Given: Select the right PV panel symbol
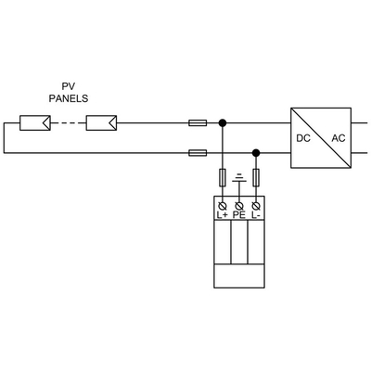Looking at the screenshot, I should point(100,122).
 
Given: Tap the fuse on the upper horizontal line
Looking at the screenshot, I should point(198,122).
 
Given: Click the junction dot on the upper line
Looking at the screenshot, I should point(223,122).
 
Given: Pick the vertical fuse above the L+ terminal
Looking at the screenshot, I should point(223,177).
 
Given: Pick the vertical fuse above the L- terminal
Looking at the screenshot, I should point(256,177).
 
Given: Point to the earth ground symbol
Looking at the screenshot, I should point(239,178).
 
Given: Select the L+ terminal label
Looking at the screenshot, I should point(223,214).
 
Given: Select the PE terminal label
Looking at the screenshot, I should point(239,214).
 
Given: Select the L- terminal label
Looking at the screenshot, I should point(256,214).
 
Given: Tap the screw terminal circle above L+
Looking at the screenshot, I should point(223,203).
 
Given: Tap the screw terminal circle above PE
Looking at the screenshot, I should point(239,203).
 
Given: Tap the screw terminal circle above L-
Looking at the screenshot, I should point(256,203).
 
